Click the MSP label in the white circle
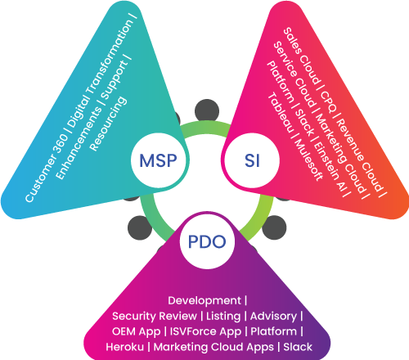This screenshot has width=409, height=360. [158, 160]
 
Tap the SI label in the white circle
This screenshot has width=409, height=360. [252, 160]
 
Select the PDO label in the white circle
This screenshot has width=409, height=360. [207, 241]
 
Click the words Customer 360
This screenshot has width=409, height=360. [47, 169]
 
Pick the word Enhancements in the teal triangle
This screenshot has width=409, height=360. [79, 142]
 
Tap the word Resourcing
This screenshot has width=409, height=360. [108, 124]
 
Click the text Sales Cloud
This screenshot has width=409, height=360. [301, 56]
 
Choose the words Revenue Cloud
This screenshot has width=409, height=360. [359, 155]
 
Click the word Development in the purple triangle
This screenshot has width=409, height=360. [204, 300]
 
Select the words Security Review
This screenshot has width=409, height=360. [155, 316]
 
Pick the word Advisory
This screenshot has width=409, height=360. [273, 316]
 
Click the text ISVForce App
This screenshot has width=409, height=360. [205, 331]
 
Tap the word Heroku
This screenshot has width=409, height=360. [124, 347]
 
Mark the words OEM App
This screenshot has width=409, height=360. [136, 331]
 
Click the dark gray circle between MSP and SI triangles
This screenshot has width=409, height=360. [207, 110]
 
